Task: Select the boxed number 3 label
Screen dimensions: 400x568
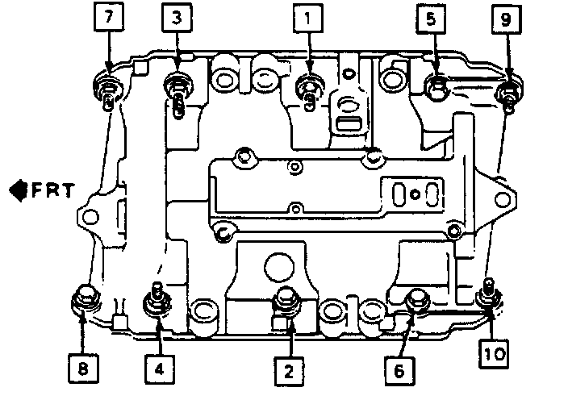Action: (177, 17)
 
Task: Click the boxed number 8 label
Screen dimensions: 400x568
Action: (84, 369)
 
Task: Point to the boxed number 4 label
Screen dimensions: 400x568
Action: (159, 369)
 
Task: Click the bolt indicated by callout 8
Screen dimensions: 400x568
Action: (84, 300)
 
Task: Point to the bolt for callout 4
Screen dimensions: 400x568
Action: (156, 302)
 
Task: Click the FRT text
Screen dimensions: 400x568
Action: (53, 190)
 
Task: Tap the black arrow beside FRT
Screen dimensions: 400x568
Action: (17, 190)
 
